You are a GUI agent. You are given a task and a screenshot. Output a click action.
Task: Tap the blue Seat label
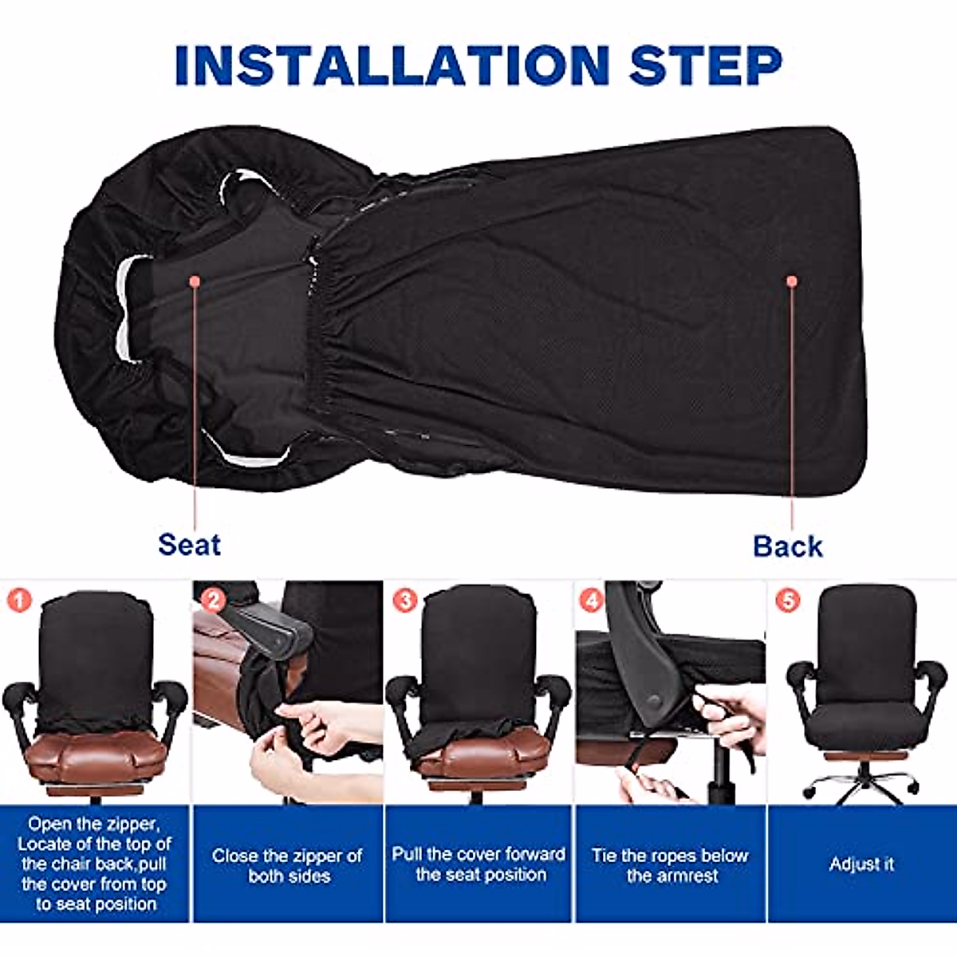pyautogui.click(x=189, y=545)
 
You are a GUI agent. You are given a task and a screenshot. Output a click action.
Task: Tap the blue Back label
pyautogui.click(x=787, y=546)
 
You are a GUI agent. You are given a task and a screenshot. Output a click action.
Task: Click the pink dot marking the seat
pyautogui.click(x=194, y=281)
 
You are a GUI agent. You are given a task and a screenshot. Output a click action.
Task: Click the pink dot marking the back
pyautogui.click(x=792, y=282)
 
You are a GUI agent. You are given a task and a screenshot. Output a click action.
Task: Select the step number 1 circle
pyautogui.click(x=18, y=599)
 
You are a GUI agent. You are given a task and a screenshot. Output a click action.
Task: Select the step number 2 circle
pyautogui.click(x=213, y=600)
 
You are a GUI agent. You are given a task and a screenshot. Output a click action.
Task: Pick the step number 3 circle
pyautogui.click(x=405, y=600)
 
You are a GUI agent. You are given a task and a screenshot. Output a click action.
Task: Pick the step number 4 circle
pyautogui.click(x=591, y=600)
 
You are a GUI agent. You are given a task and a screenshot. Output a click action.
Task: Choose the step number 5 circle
pyautogui.click(x=787, y=600)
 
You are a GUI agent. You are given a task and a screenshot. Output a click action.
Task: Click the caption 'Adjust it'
pyautogui.click(x=861, y=864)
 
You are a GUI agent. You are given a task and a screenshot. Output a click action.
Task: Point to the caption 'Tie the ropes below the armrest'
pyautogui.click(x=670, y=865)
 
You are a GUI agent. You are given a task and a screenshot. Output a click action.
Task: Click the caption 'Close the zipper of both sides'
pyautogui.click(x=288, y=865)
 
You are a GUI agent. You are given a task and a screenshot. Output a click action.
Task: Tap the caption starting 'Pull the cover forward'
pyautogui.click(x=478, y=864)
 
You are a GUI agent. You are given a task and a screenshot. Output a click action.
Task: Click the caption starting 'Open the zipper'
pyautogui.click(x=95, y=864)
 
